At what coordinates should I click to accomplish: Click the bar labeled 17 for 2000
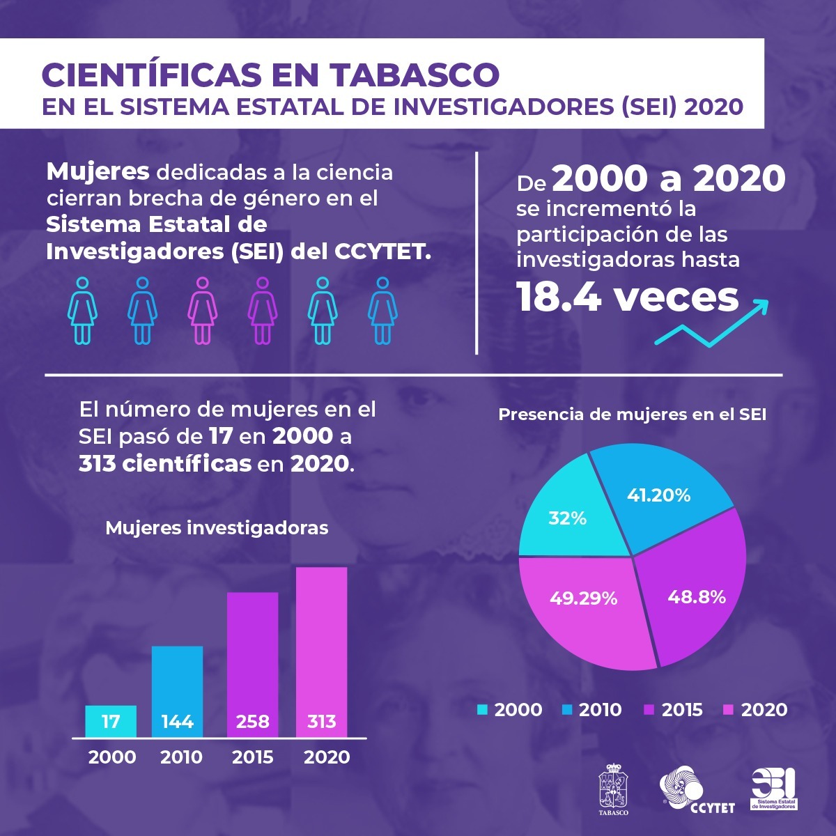(x=111, y=721)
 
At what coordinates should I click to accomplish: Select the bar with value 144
(x=178, y=691)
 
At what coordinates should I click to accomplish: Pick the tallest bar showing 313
(x=321, y=651)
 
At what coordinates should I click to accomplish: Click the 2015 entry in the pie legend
(x=674, y=710)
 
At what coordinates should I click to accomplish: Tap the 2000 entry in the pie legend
(x=509, y=710)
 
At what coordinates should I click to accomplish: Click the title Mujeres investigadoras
(x=217, y=528)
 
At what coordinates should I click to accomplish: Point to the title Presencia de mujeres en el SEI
(x=633, y=415)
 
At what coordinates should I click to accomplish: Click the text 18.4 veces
(x=627, y=297)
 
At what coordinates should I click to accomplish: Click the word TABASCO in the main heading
(x=414, y=74)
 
